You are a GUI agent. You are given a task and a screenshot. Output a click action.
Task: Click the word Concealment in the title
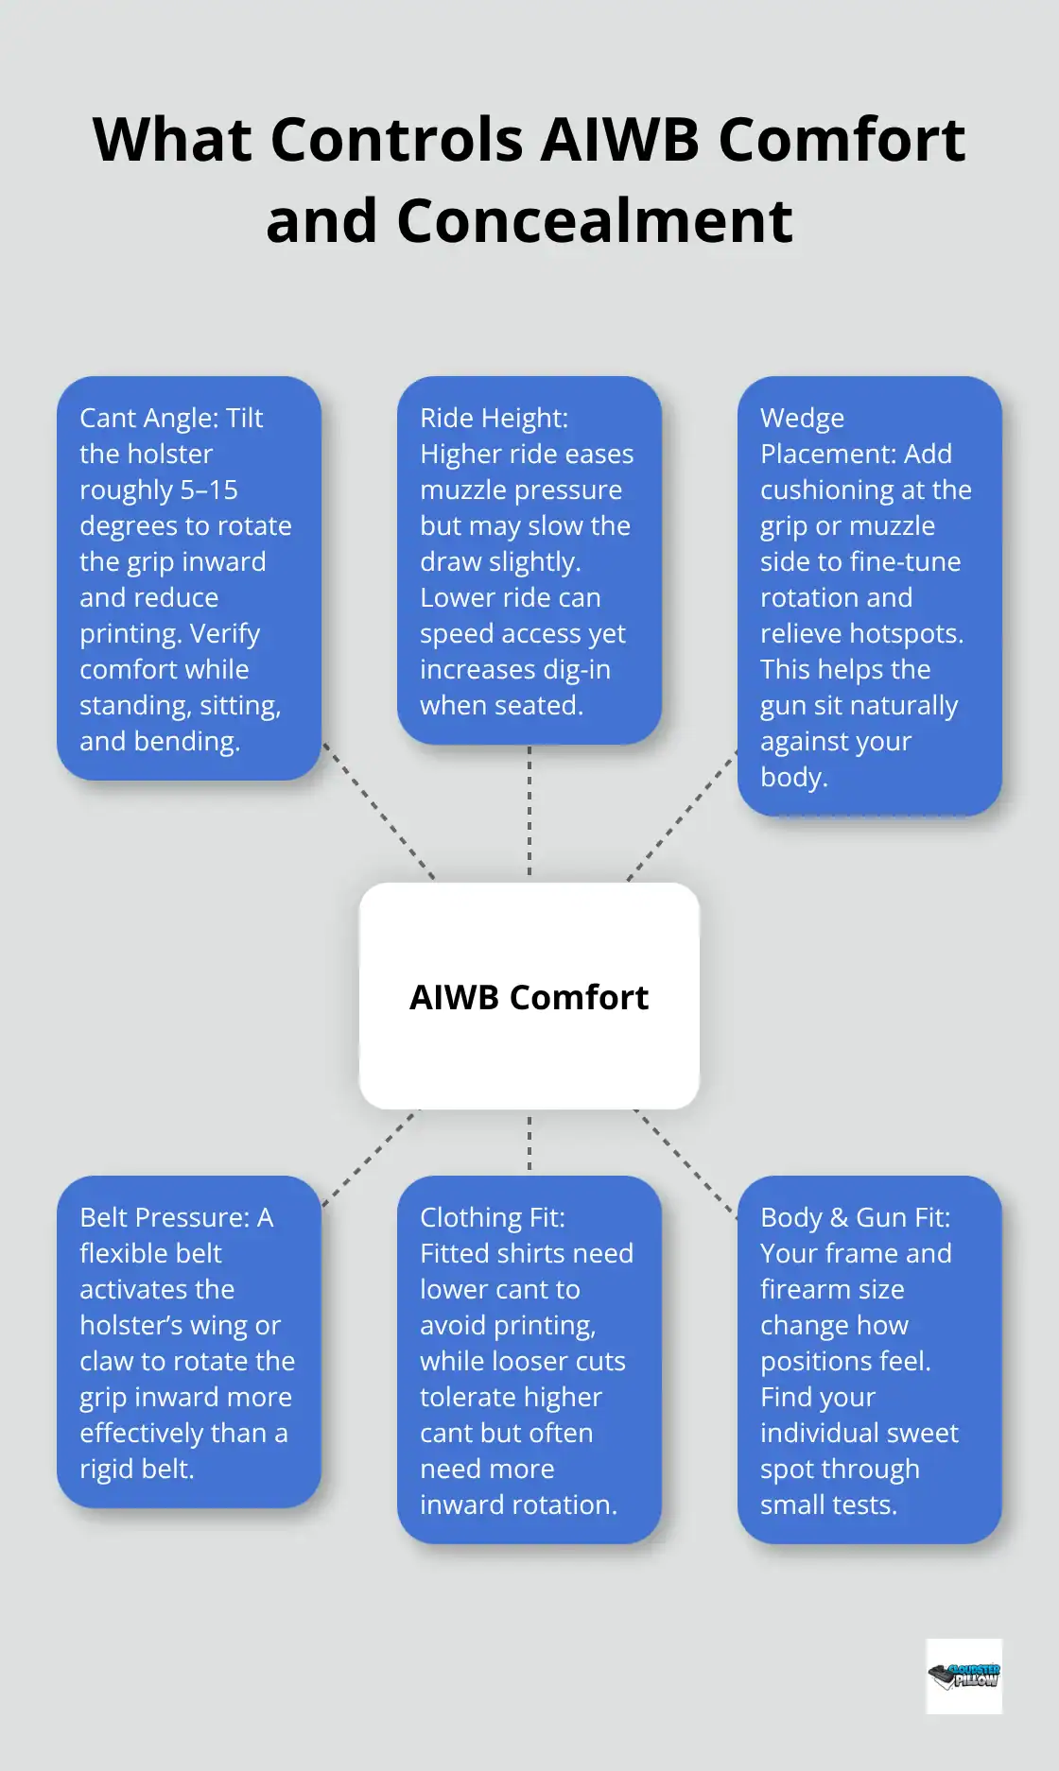(595, 221)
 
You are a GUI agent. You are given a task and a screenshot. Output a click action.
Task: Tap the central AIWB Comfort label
(529, 997)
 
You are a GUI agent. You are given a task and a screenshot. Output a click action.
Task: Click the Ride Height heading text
(494, 418)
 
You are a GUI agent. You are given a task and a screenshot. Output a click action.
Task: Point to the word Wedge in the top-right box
(802, 418)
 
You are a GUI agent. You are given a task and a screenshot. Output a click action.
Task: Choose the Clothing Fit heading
(492, 1217)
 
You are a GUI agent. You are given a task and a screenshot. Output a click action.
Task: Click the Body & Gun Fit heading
(855, 1217)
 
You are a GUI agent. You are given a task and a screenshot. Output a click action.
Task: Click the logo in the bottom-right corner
(964, 1676)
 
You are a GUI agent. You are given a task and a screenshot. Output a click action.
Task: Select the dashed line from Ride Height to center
(529, 811)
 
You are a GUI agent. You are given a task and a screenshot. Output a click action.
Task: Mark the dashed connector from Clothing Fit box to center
(529, 1142)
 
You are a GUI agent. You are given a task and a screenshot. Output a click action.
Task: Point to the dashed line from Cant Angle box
(378, 811)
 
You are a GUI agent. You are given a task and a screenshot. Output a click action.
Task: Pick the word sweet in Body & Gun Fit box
(918, 1433)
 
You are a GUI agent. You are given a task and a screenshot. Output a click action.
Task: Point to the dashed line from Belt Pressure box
(371, 1157)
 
